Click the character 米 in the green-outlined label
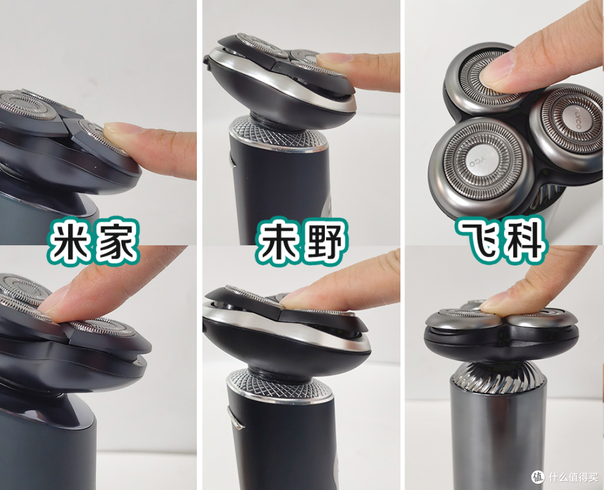pyautogui.click(x=70, y=242)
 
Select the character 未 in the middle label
pyautogui.click(x=277, y=242)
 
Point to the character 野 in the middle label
pyautogui.click(x=324, y=242)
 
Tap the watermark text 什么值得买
pyautogui.click(x=573, y=477)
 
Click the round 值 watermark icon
pyautogui.click(x=538, y=477)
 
